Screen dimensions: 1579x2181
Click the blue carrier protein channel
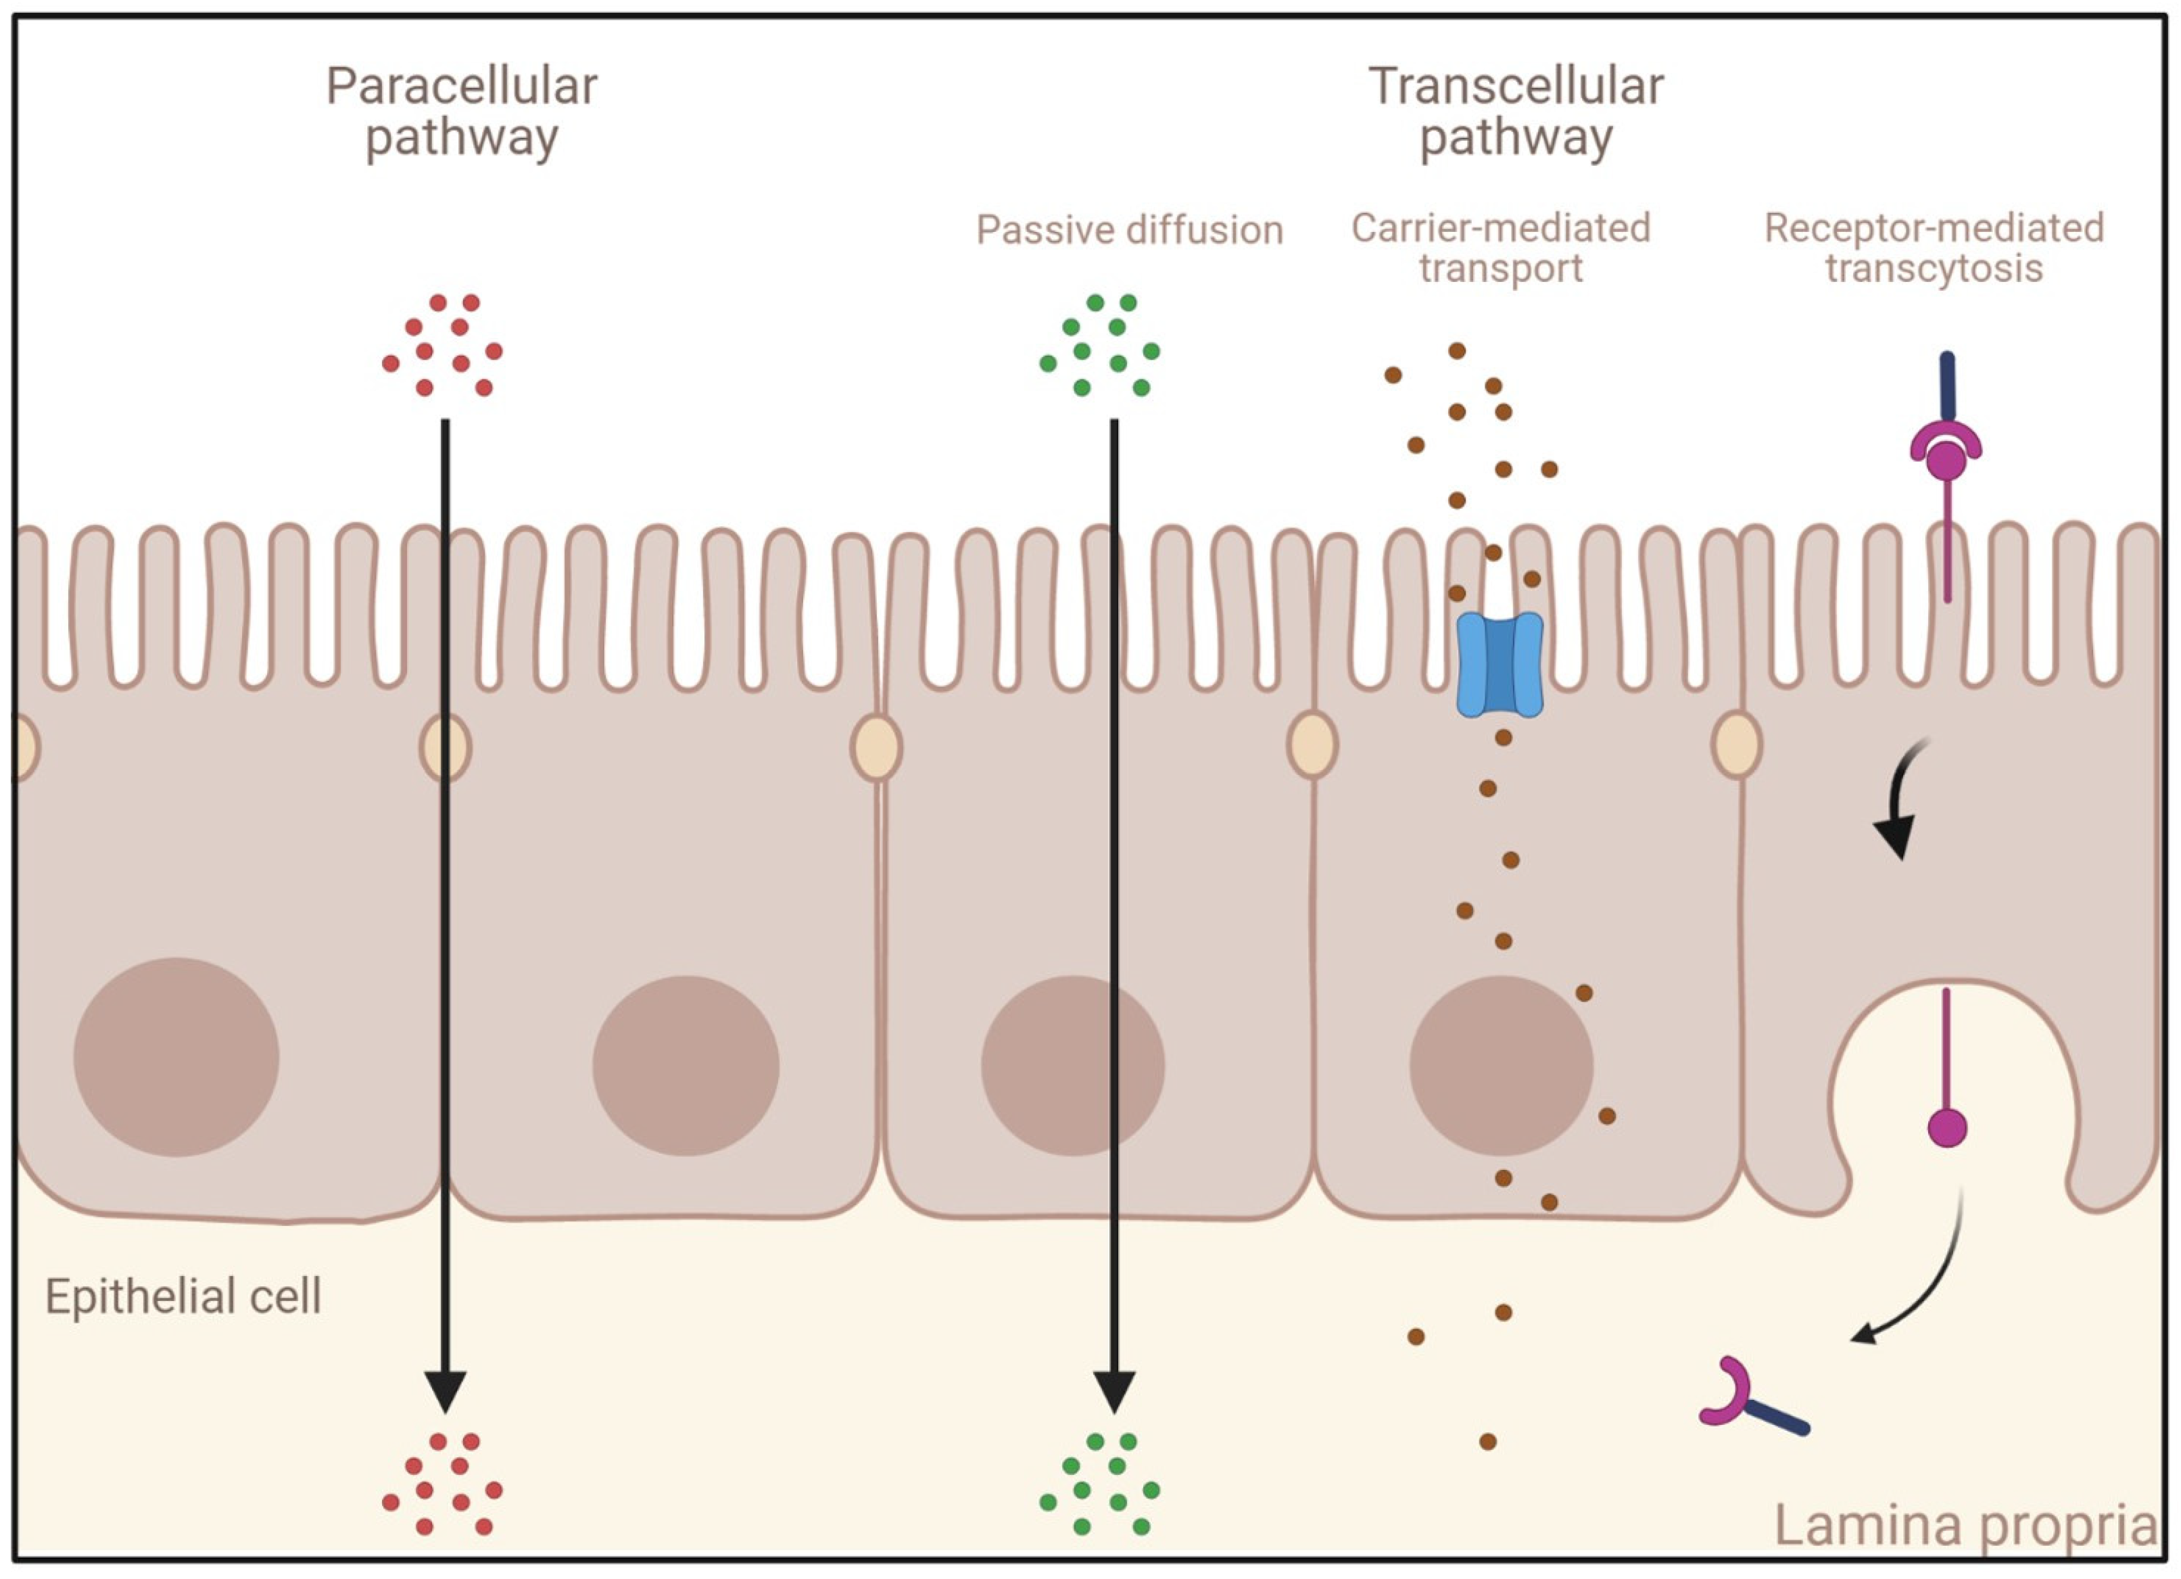pos(1500,665)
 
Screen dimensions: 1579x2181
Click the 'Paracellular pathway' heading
pos(462,112)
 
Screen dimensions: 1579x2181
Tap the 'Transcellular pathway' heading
pos(1516,112)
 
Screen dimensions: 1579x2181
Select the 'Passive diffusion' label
pos(1129,230)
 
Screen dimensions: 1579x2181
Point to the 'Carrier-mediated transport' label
pos(1500,248)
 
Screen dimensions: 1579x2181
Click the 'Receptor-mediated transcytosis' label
pos(1934,248)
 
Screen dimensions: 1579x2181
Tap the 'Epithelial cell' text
pos(183,1296)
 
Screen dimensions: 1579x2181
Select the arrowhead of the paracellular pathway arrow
pos(446,1392)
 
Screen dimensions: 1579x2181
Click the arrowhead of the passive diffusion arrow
pos(1115,1392)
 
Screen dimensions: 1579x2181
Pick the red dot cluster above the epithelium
pos(442,346)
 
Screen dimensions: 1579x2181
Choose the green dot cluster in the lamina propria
pos(1100,1484)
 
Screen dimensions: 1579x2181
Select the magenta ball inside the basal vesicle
pos(1947,1127)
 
